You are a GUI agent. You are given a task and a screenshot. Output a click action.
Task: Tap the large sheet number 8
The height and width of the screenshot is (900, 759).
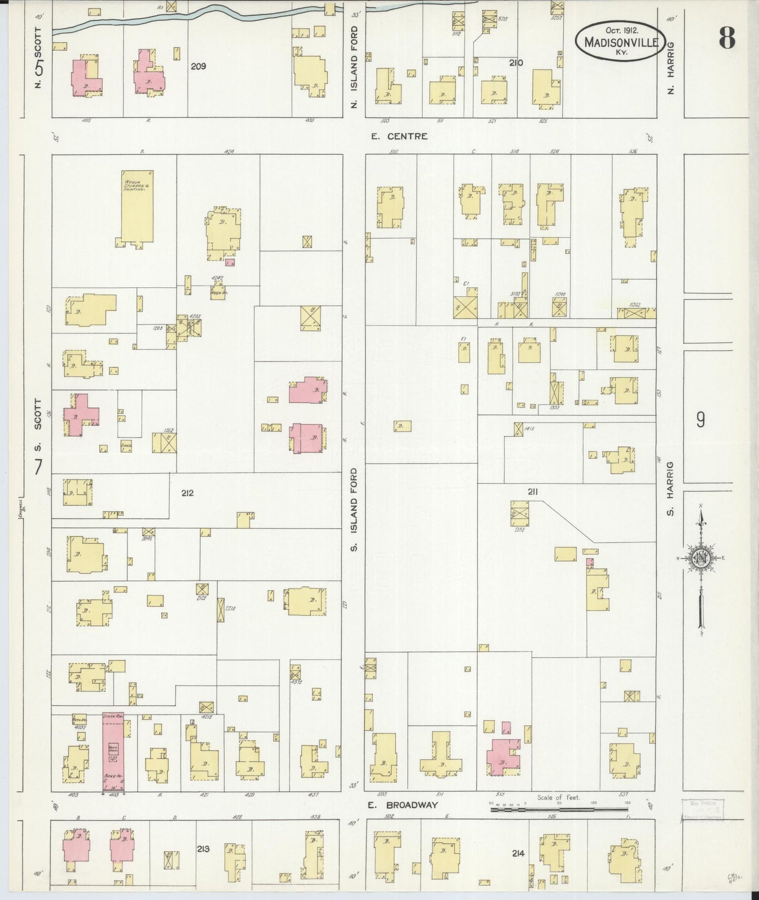[x=727, y=38]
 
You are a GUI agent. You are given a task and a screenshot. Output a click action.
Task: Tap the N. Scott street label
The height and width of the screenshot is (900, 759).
[x=38, y=58]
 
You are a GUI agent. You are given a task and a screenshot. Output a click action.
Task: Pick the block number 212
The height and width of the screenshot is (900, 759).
[x=188, y=493]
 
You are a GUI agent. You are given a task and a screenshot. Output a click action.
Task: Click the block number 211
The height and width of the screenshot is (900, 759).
[x=533, y=492]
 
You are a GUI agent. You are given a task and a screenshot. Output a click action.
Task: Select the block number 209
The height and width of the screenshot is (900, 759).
[x=199, y=67]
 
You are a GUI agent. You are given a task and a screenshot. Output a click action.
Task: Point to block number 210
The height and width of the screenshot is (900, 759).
[x=516, y=63]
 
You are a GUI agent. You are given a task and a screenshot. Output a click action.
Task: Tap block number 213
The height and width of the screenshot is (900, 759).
[x=203, y=848]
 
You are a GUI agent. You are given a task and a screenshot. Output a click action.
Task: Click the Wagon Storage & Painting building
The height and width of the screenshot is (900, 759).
[x=137, y=206]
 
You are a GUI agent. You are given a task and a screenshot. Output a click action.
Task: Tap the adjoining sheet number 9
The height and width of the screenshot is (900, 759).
[x=700, y=420]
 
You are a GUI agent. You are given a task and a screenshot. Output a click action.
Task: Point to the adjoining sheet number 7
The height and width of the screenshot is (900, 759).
[x=38, y=466]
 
